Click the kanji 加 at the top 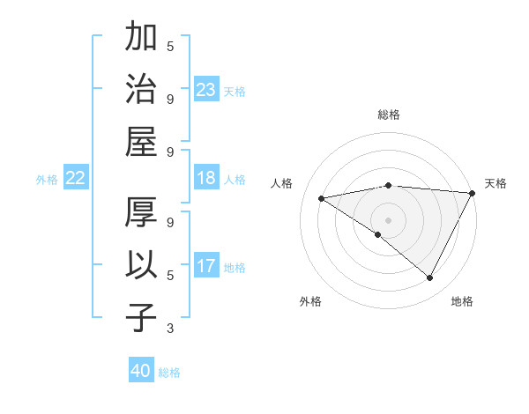[142, 39]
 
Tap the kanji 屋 [142, 140]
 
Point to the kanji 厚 [142, 215]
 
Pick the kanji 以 [142, 265]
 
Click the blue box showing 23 [206, 90]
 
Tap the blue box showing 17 [206, 266]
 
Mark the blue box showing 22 [76, 179]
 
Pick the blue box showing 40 [141, 371]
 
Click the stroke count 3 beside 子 [170, 329]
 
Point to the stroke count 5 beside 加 [170, 46]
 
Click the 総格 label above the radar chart [389, 115]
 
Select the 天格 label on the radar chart [495, 183]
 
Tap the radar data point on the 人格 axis [321, 198]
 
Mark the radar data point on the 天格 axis [473, 193]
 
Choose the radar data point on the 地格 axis [430, 277]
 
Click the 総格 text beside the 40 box [169, 372]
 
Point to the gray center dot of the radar [389, 219]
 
